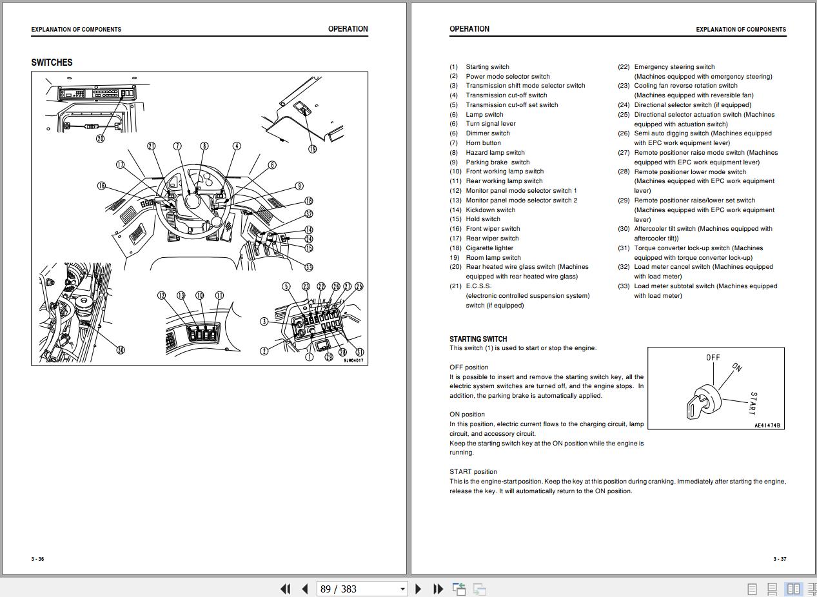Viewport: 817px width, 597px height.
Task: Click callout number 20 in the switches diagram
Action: (x=100, y=139)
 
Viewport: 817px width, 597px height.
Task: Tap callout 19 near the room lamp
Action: (x=313, y=149)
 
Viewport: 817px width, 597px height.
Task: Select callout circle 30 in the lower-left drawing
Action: (x=120, y=350)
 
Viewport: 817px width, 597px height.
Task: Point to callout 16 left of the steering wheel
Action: (x=101, y=186)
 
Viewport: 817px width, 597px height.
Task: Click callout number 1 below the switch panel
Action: (x=310, y=357)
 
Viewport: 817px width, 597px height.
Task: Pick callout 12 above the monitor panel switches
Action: (x=161, y=295)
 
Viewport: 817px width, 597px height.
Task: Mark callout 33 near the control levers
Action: (x=309, y=268)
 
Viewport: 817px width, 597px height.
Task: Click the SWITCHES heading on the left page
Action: (x=52, y=63)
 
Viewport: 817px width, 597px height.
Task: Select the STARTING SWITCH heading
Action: (x=478, y=338)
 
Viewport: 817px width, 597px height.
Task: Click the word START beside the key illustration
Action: (x=752, y=403)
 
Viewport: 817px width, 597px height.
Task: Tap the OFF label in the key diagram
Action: (x=713, y=357)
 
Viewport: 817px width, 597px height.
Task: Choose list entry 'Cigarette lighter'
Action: (x=489, y=248)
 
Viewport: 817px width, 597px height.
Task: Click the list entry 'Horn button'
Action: (x=483, y=143)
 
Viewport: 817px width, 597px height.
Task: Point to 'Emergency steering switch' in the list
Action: (x=674, y=67)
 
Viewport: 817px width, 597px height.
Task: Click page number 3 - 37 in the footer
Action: (x=779, y=559)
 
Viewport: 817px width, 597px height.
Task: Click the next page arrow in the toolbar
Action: (x=418, y=589)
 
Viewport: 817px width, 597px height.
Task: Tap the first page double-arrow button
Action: (x=285, y=589)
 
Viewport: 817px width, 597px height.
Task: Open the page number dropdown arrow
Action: (x=402, y=589)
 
